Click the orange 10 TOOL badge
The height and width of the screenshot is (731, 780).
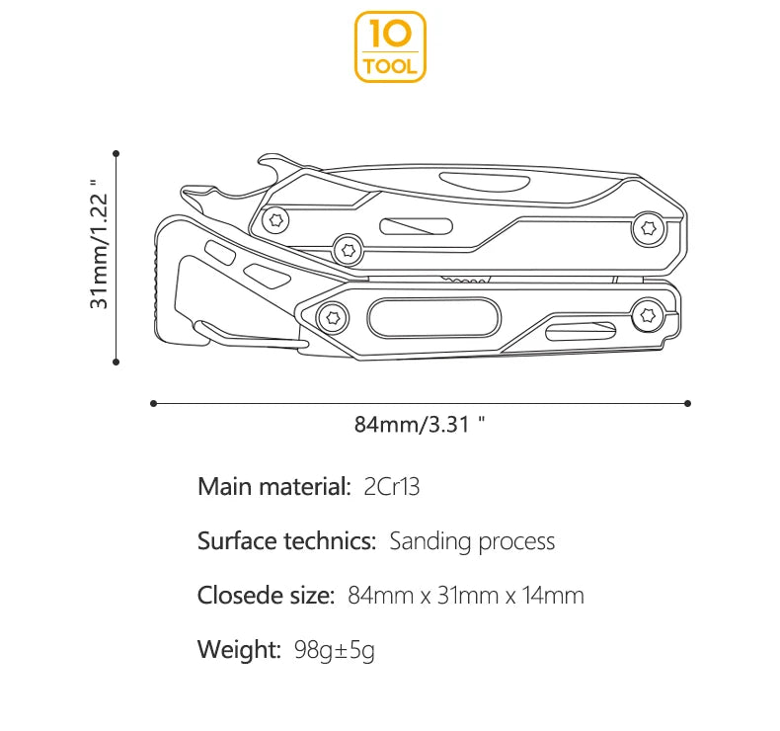click(x=390, y=46)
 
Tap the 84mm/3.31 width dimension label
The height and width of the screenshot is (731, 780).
click(x=420, y=426)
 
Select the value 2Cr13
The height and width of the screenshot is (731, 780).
click(x=392, y=486)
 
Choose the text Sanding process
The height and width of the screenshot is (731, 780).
click(x=472, y=541)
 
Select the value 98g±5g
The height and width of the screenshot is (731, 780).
click(x=335, y=650)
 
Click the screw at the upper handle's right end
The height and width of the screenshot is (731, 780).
click(x=649, y=227)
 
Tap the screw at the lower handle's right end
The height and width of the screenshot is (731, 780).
click(x=648, y=315)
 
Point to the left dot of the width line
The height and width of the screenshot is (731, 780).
click(x=153, y=403)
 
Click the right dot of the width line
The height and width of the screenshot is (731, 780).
click(x=687, y=403)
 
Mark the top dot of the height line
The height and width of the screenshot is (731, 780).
click(x=117, y=153)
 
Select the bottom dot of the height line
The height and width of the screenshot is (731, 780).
click(x=117, y=362)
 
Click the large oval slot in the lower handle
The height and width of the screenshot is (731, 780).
click(x=430, y=320)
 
